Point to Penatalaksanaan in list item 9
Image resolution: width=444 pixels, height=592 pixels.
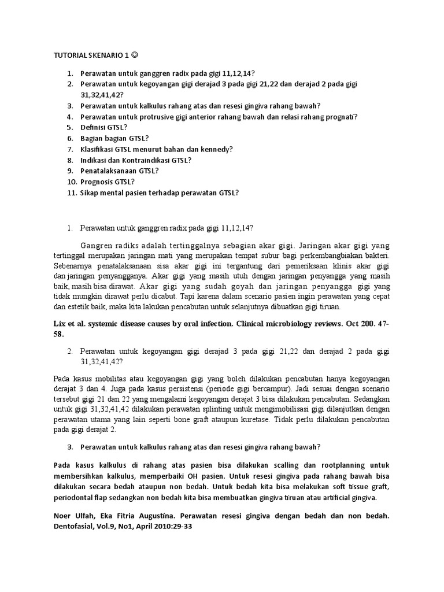(x=110, y=171)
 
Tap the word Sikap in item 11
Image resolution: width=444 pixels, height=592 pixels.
(x=91, y=193)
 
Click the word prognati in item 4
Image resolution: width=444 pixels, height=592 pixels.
(x=339, y=117)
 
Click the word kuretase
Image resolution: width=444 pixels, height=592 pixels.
(x=253, y=420)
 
